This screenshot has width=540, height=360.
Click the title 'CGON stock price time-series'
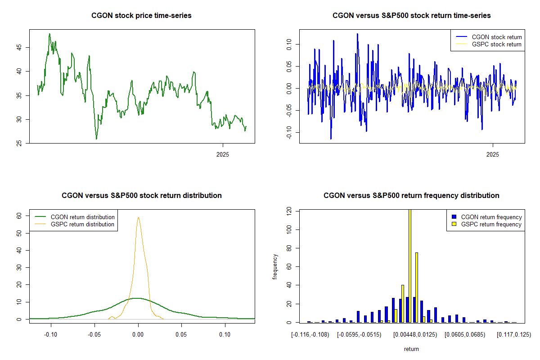tap(141, 16)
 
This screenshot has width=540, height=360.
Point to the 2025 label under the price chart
tap(222, 154)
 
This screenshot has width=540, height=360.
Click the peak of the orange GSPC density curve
tap(138, 218)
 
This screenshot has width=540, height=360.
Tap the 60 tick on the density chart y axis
tap(18, 216)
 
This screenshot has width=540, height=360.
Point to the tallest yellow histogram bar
tap(409, 265)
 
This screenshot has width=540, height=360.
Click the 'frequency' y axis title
tap(275, 266)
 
